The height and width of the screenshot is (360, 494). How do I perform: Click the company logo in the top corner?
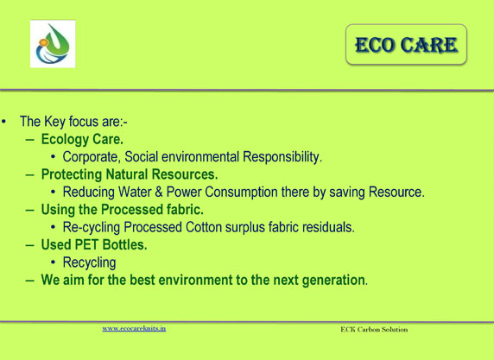[x=53, y=44]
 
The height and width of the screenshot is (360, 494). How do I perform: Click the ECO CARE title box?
[x=406, y=44]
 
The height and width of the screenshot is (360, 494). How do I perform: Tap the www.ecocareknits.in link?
[x=134, y=329]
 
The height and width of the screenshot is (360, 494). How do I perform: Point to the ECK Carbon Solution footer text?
[x=374, y=330]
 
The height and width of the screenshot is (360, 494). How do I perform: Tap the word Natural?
[x=127, y=174]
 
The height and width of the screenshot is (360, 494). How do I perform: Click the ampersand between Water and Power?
[x=158, y=193]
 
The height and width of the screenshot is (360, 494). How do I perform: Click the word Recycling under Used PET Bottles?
[x=89, y=262]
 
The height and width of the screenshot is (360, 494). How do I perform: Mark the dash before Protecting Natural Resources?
[x=30, y=174]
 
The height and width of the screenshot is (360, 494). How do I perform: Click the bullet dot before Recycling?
[x=53, y=262]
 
